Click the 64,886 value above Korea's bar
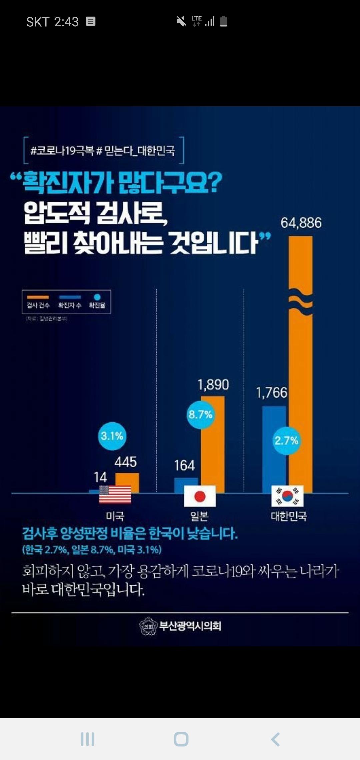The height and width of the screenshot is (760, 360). click(301, 223)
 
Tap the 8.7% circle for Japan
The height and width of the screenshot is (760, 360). click(200, 415)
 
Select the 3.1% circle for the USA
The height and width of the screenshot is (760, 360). click(112, 436)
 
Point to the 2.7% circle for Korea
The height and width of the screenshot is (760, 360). click(286, 441)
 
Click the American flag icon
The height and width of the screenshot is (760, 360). click(115, 494)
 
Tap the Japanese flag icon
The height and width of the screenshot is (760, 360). click(200, 496)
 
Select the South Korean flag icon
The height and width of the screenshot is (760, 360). click(287, 496)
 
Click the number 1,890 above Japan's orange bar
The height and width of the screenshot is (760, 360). click(213, 385)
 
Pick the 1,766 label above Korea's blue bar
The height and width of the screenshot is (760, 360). click(271, 393)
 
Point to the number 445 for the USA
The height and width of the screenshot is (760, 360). click(126, 462)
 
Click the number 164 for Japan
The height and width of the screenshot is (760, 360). click(185, 466)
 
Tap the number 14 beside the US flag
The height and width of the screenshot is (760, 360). click(100, 477)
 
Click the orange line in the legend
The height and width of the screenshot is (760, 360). click(38, 297)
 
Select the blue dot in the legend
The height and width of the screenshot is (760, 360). click(97, 297)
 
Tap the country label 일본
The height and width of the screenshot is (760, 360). click(199, 516)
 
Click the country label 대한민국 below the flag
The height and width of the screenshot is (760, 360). click(289, 516)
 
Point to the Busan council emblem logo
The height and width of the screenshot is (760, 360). click(148, 626)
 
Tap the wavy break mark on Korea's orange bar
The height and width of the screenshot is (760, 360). click(301, 302)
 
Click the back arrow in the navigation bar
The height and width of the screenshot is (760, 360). click(275, 739)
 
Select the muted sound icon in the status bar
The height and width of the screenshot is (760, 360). click(181, 22)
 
